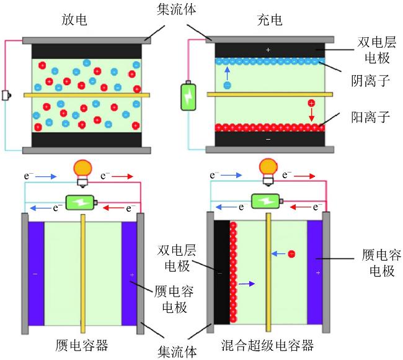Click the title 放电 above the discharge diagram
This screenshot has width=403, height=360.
(74, 20)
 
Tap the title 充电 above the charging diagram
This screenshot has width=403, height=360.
(270, 20)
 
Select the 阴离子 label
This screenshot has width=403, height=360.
(370, 81)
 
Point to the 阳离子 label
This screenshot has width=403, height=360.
(370, 117)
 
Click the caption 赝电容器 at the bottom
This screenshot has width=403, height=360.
(82, 345)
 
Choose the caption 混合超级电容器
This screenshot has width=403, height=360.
(268, 345)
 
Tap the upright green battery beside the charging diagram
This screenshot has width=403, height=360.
(188, 96)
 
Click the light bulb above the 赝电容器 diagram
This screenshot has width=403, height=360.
(82, 173)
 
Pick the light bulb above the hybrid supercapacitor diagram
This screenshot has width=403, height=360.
(268, 172)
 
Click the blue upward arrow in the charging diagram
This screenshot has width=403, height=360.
(227, 74)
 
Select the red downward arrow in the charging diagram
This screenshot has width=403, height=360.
(311, 114)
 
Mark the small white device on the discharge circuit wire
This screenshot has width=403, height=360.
(6, 95)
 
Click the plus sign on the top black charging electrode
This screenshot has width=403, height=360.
(268, 50)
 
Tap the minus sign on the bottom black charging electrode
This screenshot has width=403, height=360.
(268, 140)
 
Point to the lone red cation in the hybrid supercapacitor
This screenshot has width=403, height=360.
(291, 254)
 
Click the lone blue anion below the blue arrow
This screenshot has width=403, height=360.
(227, 85)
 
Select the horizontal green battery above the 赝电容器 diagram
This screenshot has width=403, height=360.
(81, 202)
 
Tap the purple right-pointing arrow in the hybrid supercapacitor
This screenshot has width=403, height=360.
(247, 284)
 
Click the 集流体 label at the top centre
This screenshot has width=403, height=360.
(176, 9)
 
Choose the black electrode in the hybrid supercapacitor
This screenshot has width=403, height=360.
(222, 272)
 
